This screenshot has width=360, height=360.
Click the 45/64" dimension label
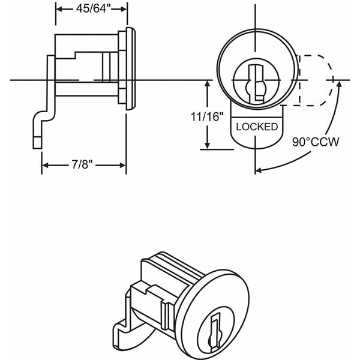[91, 10]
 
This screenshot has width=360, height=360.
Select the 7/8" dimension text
[83, 164]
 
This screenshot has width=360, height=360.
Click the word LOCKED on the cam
[257, 127]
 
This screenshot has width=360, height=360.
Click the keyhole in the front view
[257, 83]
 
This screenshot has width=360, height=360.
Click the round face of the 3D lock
[204, 300]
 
